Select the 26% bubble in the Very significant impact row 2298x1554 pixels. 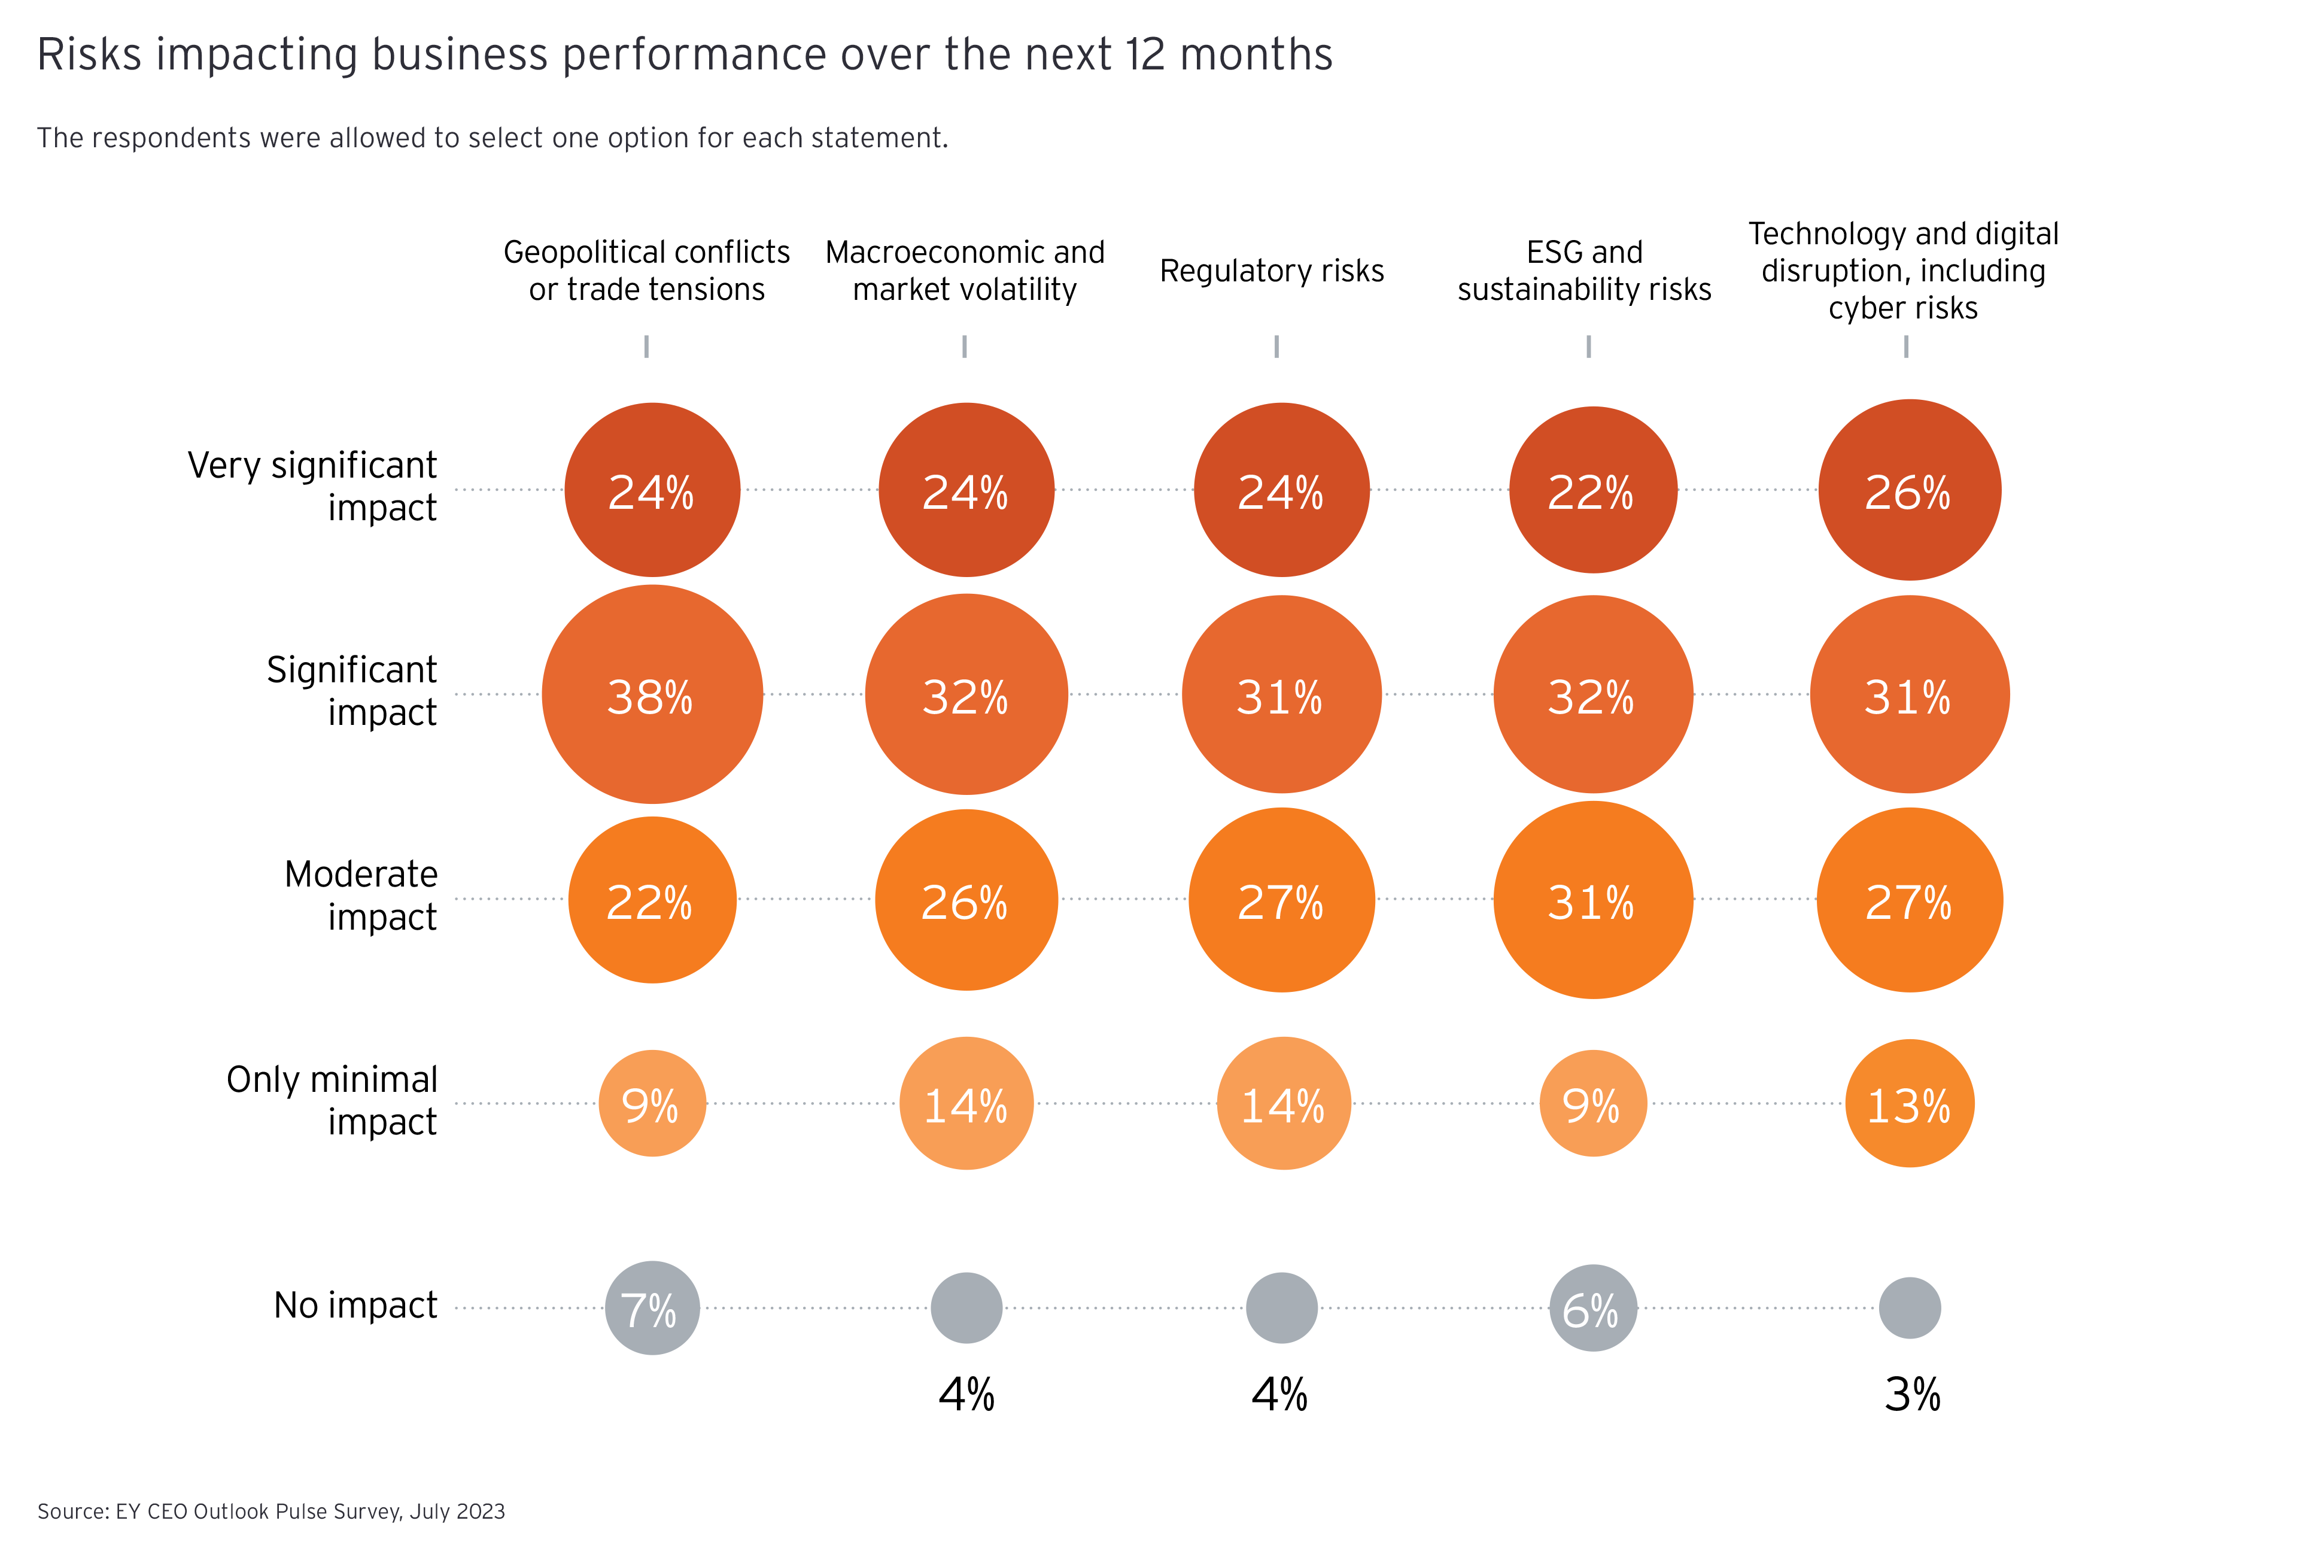pos(1908,491)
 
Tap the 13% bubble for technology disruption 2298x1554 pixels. pos(1908,1104)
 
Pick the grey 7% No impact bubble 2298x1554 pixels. pos(652,1309)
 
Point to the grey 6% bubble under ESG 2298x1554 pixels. pos(1592,1309)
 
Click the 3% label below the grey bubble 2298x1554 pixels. pos(1911,1395)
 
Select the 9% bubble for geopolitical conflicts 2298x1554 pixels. pos(652,1104)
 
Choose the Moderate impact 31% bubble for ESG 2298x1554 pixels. pos(1592,900)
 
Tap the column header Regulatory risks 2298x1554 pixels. pos(1272,271)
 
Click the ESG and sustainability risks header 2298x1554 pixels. pos(1584,271)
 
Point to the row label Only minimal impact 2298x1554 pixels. pos(332,1100)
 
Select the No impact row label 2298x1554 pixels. pos(355,1306)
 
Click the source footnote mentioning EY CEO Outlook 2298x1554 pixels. pos(271,1511)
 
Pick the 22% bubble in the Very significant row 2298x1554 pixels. pos(1592,491)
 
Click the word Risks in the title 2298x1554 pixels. pos(89,54)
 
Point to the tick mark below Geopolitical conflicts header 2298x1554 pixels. pos(647,346)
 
